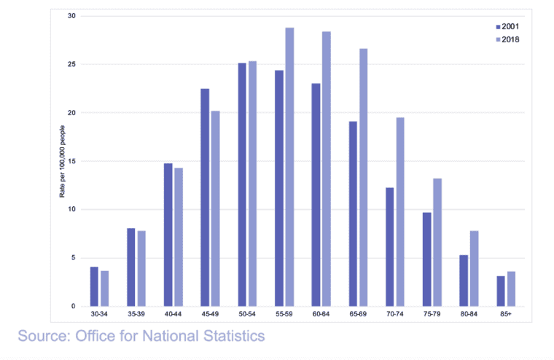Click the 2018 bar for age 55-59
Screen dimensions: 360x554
tap(289, 167)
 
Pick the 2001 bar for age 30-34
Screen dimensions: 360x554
tap(94, 286)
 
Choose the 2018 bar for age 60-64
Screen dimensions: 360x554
tap(326, 168)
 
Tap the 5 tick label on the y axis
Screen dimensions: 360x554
tap(71, 258)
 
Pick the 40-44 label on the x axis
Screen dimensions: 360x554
tap(173, 316)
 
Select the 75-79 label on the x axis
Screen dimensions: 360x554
tap(432, 316)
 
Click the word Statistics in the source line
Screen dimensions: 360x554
tap(231, 336)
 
